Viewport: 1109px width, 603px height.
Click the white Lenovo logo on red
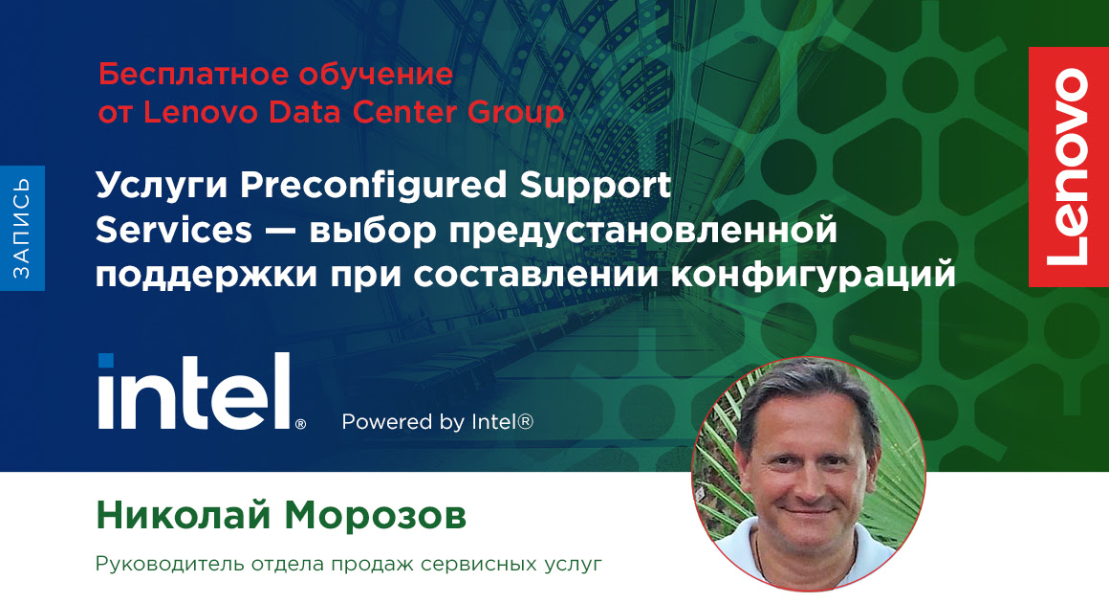pos(1068,167)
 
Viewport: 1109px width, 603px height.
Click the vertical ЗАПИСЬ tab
pos(22,229)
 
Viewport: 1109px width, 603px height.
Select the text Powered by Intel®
pos(437,421)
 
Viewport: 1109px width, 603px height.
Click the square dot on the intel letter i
pos(106,361)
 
